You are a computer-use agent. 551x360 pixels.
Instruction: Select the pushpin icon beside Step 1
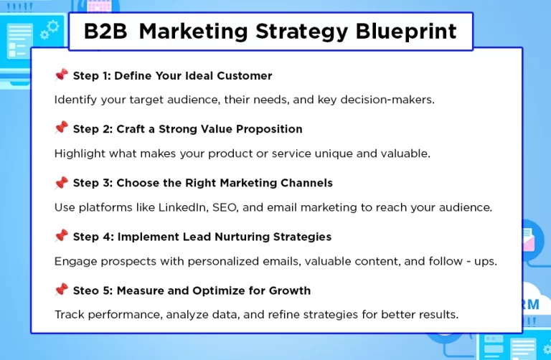click(61, 75)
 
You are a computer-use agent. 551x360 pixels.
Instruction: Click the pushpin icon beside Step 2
click(61, 128)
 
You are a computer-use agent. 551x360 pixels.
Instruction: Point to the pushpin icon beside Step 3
click(61, 182)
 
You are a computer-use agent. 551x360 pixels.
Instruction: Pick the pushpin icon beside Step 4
click(61, 236)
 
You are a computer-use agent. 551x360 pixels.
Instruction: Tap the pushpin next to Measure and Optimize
click(61, 290)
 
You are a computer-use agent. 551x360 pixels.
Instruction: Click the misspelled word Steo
click(86, 290)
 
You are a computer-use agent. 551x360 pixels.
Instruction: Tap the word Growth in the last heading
click(291, 290)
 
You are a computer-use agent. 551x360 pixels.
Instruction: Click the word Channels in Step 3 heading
click(306, 183)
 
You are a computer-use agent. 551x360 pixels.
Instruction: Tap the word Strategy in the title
click(298, 32)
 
